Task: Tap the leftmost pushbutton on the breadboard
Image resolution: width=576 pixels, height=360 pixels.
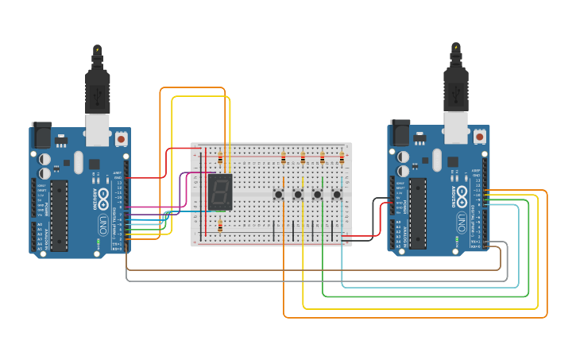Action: click(279, 194)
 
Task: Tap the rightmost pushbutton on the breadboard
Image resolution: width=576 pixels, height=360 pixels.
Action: click(336, 194)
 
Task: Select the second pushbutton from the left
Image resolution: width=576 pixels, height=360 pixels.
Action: click(298, 194)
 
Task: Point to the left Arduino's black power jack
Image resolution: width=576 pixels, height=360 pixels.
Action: click(41, 134)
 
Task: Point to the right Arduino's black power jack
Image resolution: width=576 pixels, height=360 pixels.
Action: click(400, 132)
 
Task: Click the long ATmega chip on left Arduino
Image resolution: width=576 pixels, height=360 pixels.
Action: click(60, 215)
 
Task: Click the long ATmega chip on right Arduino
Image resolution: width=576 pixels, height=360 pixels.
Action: click(418, 213)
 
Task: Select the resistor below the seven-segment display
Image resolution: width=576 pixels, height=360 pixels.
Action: click(220, 226)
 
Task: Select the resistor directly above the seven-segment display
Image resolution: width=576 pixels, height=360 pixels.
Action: click(220, 159)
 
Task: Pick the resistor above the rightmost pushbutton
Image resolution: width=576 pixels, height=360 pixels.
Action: click(342, 158)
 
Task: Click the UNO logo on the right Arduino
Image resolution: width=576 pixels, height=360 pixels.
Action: click(462, 219)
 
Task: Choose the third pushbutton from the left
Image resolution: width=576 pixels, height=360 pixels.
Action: click(317, 194)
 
